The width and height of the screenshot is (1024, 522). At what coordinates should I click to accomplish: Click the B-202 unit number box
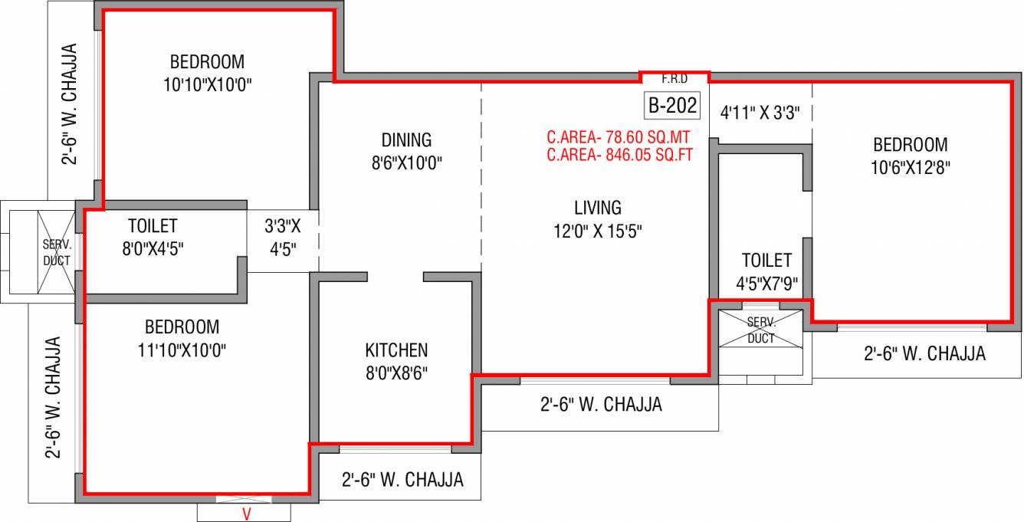[672, 106]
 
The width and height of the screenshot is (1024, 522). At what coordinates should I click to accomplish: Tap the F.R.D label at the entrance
[674, 79]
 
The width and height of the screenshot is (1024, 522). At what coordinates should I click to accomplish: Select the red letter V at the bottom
[246, 514]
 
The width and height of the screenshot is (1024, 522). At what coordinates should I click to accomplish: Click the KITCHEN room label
[396, 350]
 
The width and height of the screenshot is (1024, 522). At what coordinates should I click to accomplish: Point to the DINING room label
[406, 140]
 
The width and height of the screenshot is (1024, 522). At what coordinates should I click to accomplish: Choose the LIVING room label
[598, 208]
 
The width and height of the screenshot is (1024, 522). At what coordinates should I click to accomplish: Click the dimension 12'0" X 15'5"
[598, 231]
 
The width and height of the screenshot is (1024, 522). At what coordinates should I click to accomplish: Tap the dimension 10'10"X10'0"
[208, 84]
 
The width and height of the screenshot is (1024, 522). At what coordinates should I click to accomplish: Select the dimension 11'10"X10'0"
[182, 350]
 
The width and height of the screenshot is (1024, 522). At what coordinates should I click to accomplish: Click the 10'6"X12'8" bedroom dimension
[910, 168]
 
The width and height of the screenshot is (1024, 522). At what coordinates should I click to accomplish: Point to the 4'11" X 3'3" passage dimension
[760, 113]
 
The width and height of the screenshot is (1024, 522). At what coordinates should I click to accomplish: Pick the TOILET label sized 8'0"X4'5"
[153, 226]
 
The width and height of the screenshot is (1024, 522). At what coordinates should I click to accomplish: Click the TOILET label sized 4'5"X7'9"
[766, 261]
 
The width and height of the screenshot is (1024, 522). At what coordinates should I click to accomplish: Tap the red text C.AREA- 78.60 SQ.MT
[619, 137]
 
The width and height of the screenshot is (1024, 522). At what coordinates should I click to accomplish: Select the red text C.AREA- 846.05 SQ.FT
[620, 155]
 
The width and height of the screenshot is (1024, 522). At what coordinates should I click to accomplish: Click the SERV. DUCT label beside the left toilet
[57, 252]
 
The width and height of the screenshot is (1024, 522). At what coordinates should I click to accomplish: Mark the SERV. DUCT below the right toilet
[761, 330]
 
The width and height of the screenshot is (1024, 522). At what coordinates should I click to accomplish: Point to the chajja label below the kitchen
[402, 480]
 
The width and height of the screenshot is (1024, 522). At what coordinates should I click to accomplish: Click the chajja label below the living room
[601, 405]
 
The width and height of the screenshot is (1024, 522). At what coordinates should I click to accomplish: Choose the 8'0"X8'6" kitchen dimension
[396, 373]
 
